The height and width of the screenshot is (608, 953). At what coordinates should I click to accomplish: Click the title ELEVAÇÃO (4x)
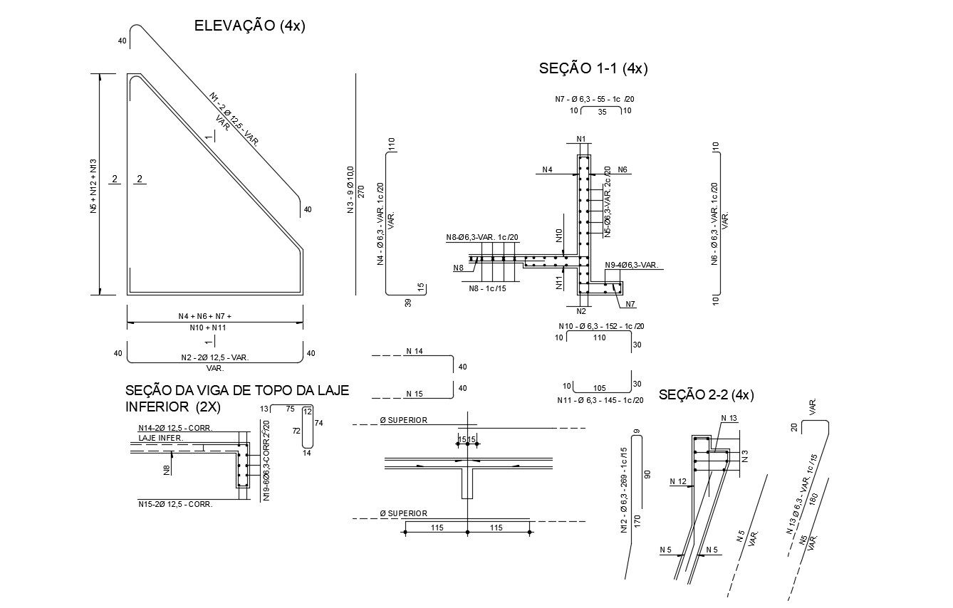coord(249,26)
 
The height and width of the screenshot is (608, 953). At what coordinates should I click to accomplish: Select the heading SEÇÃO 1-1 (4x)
coord(593,68)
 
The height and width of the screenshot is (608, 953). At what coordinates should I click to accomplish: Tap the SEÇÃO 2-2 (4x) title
coord(706,394)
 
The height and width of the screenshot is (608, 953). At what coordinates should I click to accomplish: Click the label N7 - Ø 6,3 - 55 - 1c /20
coord(594,99)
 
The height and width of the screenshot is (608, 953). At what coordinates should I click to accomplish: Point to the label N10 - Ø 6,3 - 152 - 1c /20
coord(601,326)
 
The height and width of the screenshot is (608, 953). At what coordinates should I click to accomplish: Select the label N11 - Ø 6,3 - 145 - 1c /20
coord(600,401)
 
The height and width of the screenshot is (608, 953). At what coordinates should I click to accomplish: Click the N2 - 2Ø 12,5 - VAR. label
coord(214,357)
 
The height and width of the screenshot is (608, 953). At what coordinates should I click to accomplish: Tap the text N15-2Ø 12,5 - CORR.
coord(175,504)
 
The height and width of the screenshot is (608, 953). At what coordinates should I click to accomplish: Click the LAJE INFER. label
coord(160,439)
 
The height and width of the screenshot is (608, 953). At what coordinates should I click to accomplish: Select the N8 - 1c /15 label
coord(487,288)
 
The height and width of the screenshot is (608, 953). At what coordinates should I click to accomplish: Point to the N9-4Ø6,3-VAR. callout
coord(632,266)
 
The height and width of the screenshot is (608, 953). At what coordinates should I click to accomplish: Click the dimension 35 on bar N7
coord(601,112)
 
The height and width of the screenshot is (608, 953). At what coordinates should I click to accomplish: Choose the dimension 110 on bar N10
coord(599,338)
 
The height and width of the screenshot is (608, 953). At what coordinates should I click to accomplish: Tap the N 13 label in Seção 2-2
coord(729,418)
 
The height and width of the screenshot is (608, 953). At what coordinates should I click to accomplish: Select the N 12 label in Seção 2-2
coord(677,482)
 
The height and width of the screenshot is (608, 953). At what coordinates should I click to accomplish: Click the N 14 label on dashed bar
coord(414,352)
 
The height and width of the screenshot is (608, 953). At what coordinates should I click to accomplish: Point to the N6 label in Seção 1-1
coord(622,169)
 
